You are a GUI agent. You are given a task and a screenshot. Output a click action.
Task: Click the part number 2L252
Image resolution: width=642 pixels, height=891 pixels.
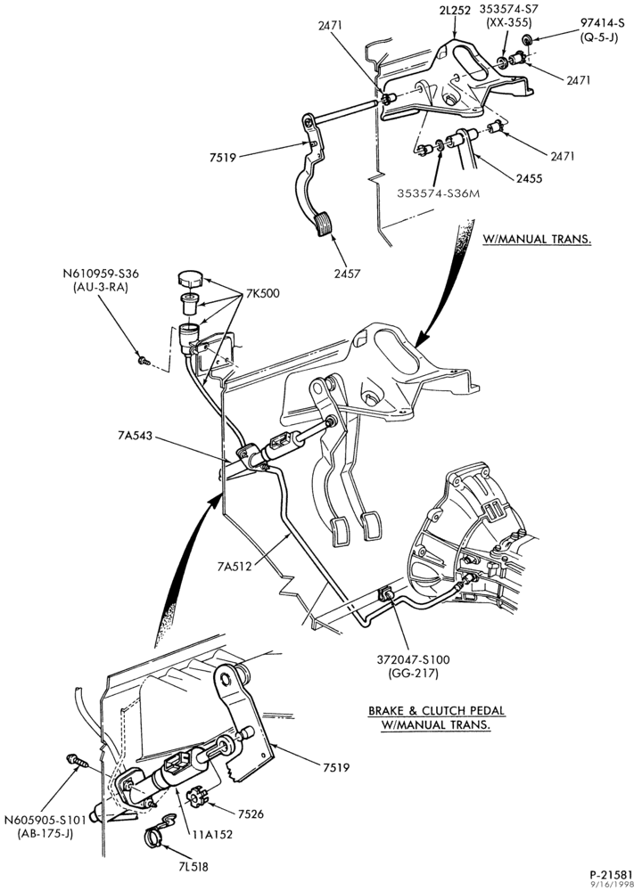pyautogui.click(x=455, y=10)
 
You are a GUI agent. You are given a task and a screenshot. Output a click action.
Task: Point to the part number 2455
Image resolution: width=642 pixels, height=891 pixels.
pyautogui.click(x=529, y=178)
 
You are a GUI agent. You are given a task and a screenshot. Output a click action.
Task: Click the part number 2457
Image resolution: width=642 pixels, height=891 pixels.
pyautogui.click(x=347, y=274)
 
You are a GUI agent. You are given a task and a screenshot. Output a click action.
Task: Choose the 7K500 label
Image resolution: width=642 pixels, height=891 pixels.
pyautogui.click(x=263, y=294)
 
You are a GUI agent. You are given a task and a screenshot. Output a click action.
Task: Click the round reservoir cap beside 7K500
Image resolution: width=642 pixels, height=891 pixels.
pyautogui.click(x=190, y=280)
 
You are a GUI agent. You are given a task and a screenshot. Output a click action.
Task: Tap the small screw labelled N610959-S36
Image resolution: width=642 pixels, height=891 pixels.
pyautogui.click(x=143, y=360)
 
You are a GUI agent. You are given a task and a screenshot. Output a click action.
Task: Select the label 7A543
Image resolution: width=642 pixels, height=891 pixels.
pyautogui.click(x=136, y=436)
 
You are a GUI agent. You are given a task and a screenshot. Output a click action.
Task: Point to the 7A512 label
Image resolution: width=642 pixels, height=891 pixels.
pyautogui.click(x=235, y=566)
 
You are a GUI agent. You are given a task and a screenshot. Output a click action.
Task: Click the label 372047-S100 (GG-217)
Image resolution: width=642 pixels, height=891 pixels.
pyautogui.click(x=413, y=666)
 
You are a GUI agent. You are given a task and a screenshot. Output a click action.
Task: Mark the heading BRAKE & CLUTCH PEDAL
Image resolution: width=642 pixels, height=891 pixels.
pyautogui.click(x=436, y=710)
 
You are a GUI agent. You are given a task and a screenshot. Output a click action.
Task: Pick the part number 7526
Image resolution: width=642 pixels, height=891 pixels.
pyautogui.click(x=251, y=813)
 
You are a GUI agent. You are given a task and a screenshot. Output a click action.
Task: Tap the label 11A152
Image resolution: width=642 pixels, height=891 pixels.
pyautogui.click(x=213, y=835)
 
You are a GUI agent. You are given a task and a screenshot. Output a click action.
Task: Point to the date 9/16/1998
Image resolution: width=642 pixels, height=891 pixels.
pyautogui.click(x=613, y=884)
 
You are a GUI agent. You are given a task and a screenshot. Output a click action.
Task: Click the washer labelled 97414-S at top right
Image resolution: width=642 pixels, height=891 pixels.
pyautogui.click(x=527, y=39)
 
